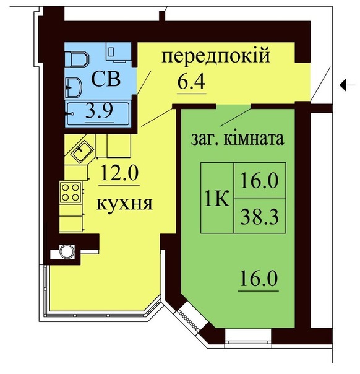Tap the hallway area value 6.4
191,82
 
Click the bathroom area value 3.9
100,110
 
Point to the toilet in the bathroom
77,59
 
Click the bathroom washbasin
73,87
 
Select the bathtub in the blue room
98,113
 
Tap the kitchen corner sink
82,150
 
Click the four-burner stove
71,192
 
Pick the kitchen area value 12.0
119,173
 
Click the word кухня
124,205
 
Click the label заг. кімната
238,139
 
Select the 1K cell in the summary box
217,198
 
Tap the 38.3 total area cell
260,215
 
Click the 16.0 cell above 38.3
260,180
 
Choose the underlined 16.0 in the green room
259,279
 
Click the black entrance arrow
348,85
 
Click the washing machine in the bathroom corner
118,52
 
